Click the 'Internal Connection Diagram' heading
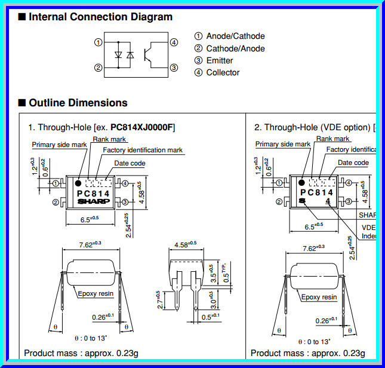101,17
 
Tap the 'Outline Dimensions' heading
78,103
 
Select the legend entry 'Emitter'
220,60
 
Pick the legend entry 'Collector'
223,72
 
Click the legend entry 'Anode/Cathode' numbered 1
235,36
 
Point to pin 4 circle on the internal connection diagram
174,42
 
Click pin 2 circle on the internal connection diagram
98,68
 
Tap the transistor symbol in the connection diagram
156,54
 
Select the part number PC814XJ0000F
142,127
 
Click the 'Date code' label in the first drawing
130,163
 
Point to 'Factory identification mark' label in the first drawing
143,150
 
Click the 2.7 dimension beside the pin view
158,299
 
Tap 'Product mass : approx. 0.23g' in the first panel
81,353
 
